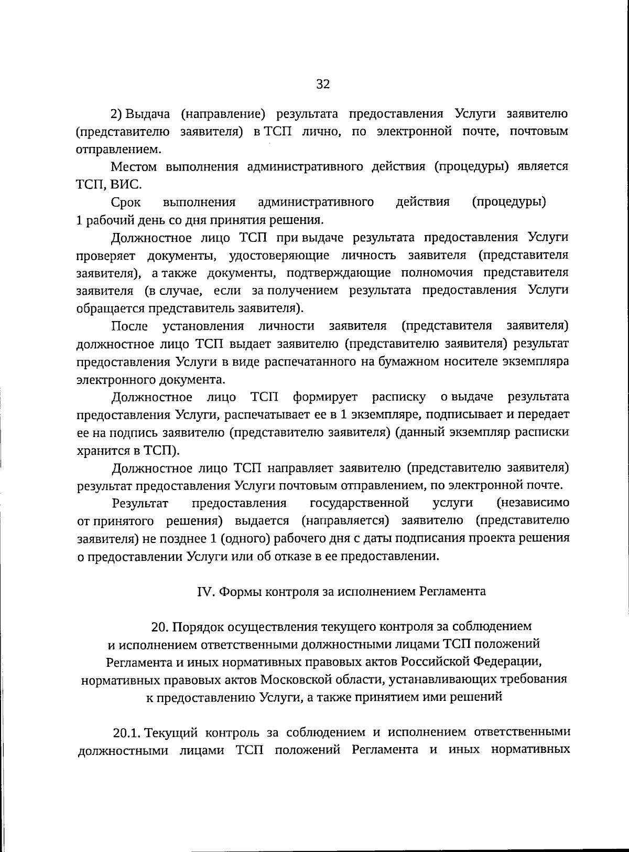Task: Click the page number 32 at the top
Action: (322, 84)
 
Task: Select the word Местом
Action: (134, 167)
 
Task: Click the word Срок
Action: (126, 203)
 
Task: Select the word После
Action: (129, 326)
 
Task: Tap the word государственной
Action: (359, 503)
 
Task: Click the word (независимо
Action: (533, 503)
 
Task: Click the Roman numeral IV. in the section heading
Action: (205, 591)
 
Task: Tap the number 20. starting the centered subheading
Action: (160, 626)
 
